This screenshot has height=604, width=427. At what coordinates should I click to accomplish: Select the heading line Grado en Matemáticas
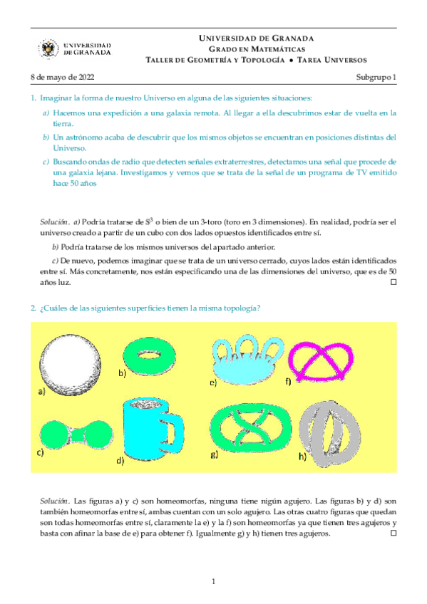click(x=254, y=48)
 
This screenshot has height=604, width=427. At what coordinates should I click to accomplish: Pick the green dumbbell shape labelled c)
click(x=73, y=433)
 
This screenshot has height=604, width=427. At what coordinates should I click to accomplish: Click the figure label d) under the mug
click(x=120, y=459)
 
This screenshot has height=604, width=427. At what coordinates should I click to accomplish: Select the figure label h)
click(x=302, y=456)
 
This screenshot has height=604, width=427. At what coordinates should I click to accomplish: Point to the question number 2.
click(x=33, y=308)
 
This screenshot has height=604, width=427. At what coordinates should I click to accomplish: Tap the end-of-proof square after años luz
click(x=392, y=283)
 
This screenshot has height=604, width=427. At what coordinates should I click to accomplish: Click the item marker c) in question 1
click(x=46, y=162)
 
